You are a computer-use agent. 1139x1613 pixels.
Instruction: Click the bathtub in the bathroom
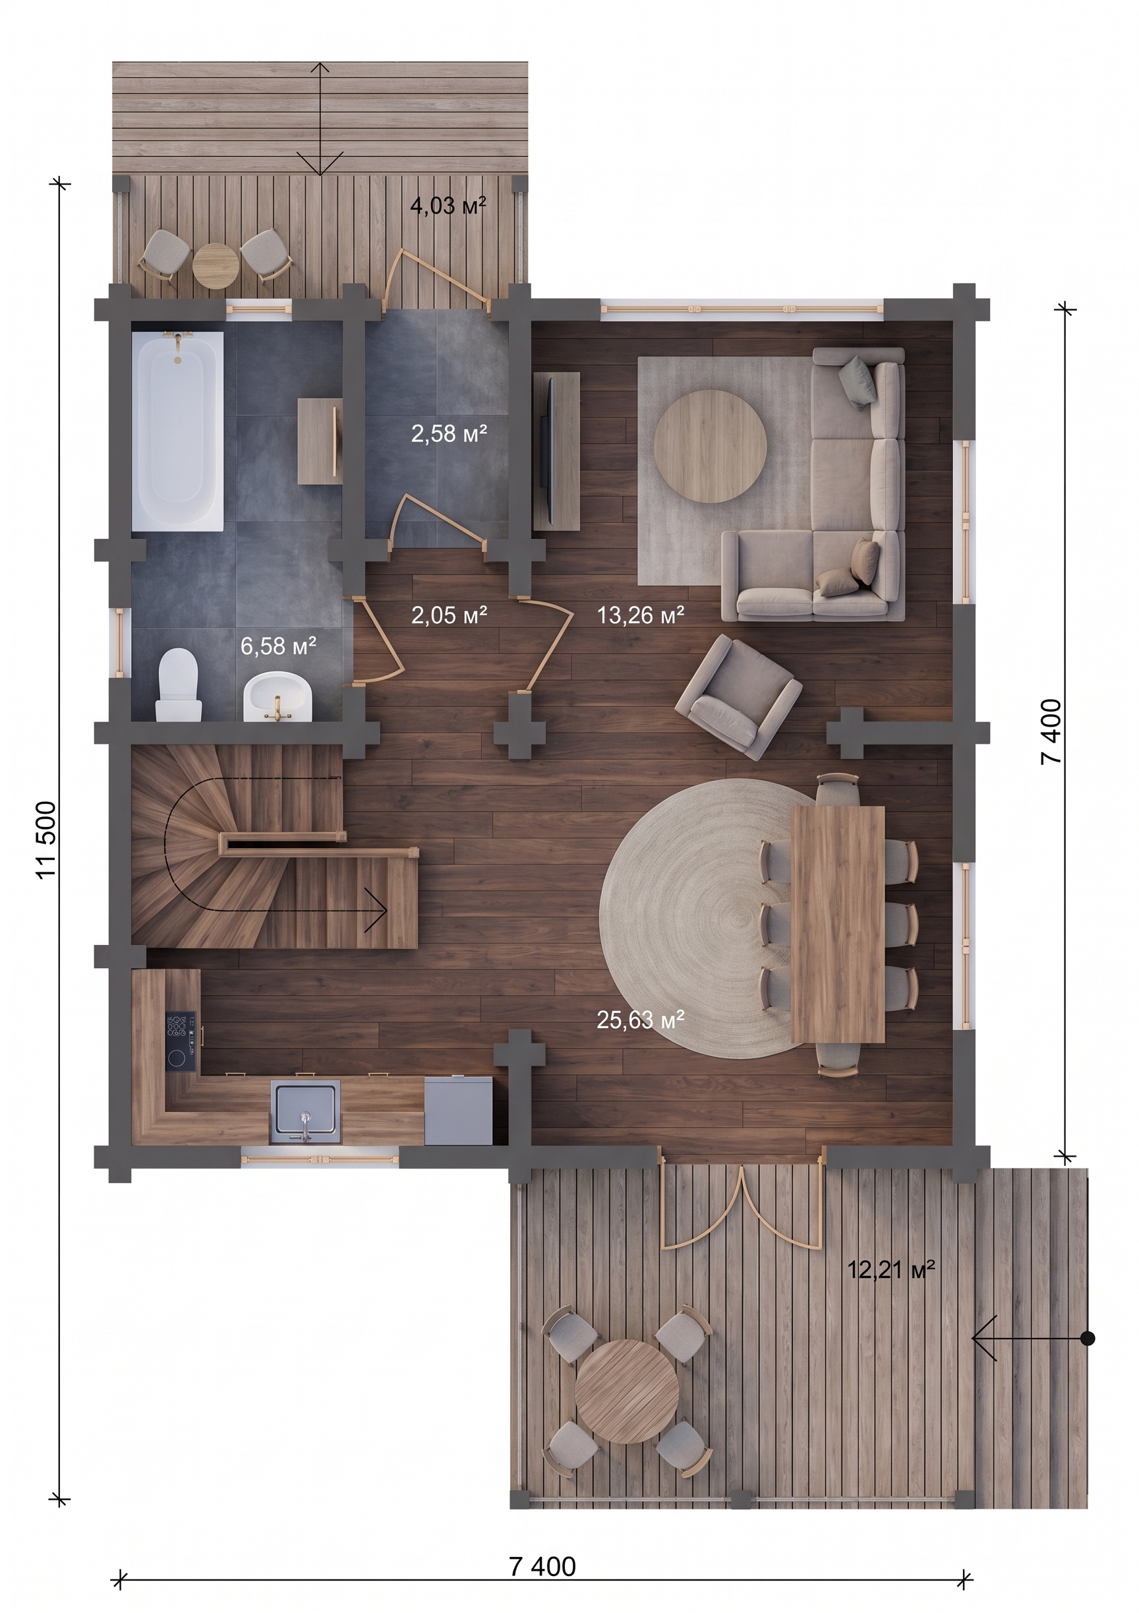click(178, 431)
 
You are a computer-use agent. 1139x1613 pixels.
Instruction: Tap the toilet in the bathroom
click(178, 685)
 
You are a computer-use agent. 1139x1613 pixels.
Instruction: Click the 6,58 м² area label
click(278, 645)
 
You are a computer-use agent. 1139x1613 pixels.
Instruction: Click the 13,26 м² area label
click(641, 615)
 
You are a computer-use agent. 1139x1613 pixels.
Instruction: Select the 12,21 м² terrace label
click(892, 1269)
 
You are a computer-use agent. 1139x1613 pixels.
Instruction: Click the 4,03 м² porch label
click(448, 206)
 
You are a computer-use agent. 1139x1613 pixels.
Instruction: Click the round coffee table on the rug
click(709, 446)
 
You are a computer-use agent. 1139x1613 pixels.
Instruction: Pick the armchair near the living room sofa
click(738, 696)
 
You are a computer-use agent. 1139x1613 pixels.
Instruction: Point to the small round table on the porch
click(216, 266)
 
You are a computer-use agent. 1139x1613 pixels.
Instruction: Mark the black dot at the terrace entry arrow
click(1087, 1338)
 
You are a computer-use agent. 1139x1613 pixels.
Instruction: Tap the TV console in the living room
click(556, 451)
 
